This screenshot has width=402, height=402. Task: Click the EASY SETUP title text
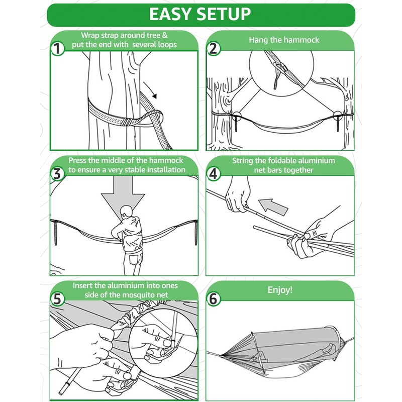pyautogui.click(x=200, y=14)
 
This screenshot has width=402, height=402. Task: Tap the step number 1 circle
pyautogui.click(x=57, y=48)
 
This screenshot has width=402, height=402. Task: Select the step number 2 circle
pyautogui.click(x=213, y=48)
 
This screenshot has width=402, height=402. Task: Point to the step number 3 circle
pyautogui.click(x=57, y=173)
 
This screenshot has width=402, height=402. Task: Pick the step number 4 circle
pyautogui.click(x=213, y=173)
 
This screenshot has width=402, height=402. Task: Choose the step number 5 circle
pyautogui.click(x=57, y=299)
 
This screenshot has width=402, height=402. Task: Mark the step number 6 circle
pyautogui.click(x=213, y=299)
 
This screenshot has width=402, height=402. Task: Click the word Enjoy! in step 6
pyautogui.click(x=280, y=290)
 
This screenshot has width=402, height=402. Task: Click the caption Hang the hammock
pyautogui.click(x=284, y=40)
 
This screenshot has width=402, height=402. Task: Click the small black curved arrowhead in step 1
pyautogui.click(x=154, y=96)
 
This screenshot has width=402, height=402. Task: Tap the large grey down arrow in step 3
pyautogui.click(x=123, y=197)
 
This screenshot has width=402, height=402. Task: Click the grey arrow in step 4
pyautogui.click(x=273, y=207)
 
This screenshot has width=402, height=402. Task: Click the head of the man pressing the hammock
pyautogui.click(x=126, y=212)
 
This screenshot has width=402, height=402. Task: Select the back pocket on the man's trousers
pyautogui.click(x=134, y=259)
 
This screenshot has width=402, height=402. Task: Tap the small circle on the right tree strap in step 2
pyautogui.click(x=338, y=116)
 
